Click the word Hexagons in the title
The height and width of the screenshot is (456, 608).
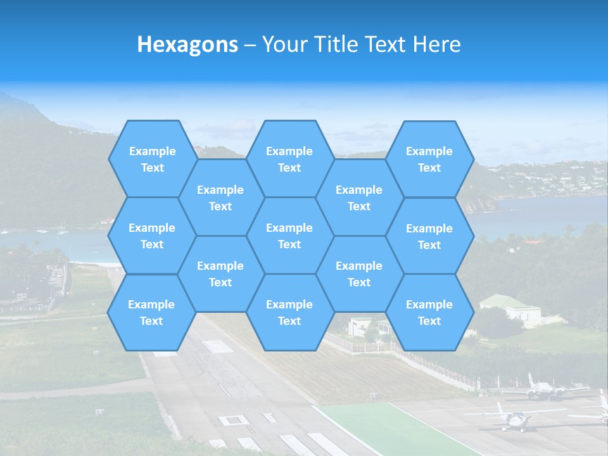point(187,44)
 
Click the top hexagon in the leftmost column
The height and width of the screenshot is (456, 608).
point(152,159)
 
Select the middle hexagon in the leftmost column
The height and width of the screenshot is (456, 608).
point(152,236)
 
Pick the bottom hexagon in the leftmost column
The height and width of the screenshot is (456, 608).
point(151,312)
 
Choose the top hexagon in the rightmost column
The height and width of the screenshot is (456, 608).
point(429,159)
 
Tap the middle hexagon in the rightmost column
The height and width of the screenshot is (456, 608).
point(429,236)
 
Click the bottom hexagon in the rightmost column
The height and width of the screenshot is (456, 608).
point(429,312)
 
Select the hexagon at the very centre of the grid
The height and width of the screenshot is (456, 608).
point(289,236)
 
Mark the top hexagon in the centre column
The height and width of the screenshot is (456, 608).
point(289,159)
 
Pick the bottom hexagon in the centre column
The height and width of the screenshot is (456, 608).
point(289,312)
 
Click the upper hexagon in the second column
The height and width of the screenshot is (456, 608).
point(220,198)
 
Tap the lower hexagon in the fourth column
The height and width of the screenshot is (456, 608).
point(359,274)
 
